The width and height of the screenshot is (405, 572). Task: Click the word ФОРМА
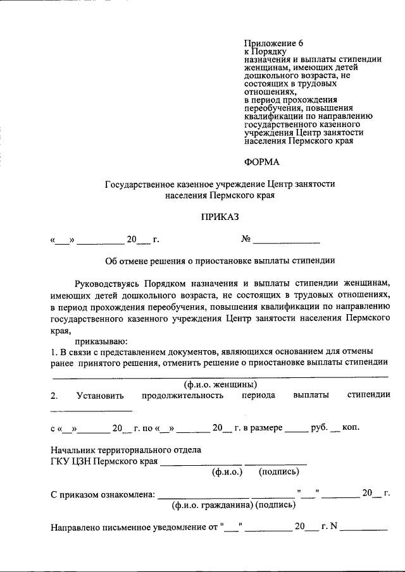(x=261, y=162)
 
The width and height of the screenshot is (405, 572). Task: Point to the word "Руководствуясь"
(x=106, y=283)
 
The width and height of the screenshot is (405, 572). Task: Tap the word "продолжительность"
(x=184, y=396)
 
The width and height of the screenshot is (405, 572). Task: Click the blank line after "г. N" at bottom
(x=364, y=530)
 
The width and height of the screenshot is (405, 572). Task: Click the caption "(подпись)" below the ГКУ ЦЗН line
(x=279, y=472)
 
